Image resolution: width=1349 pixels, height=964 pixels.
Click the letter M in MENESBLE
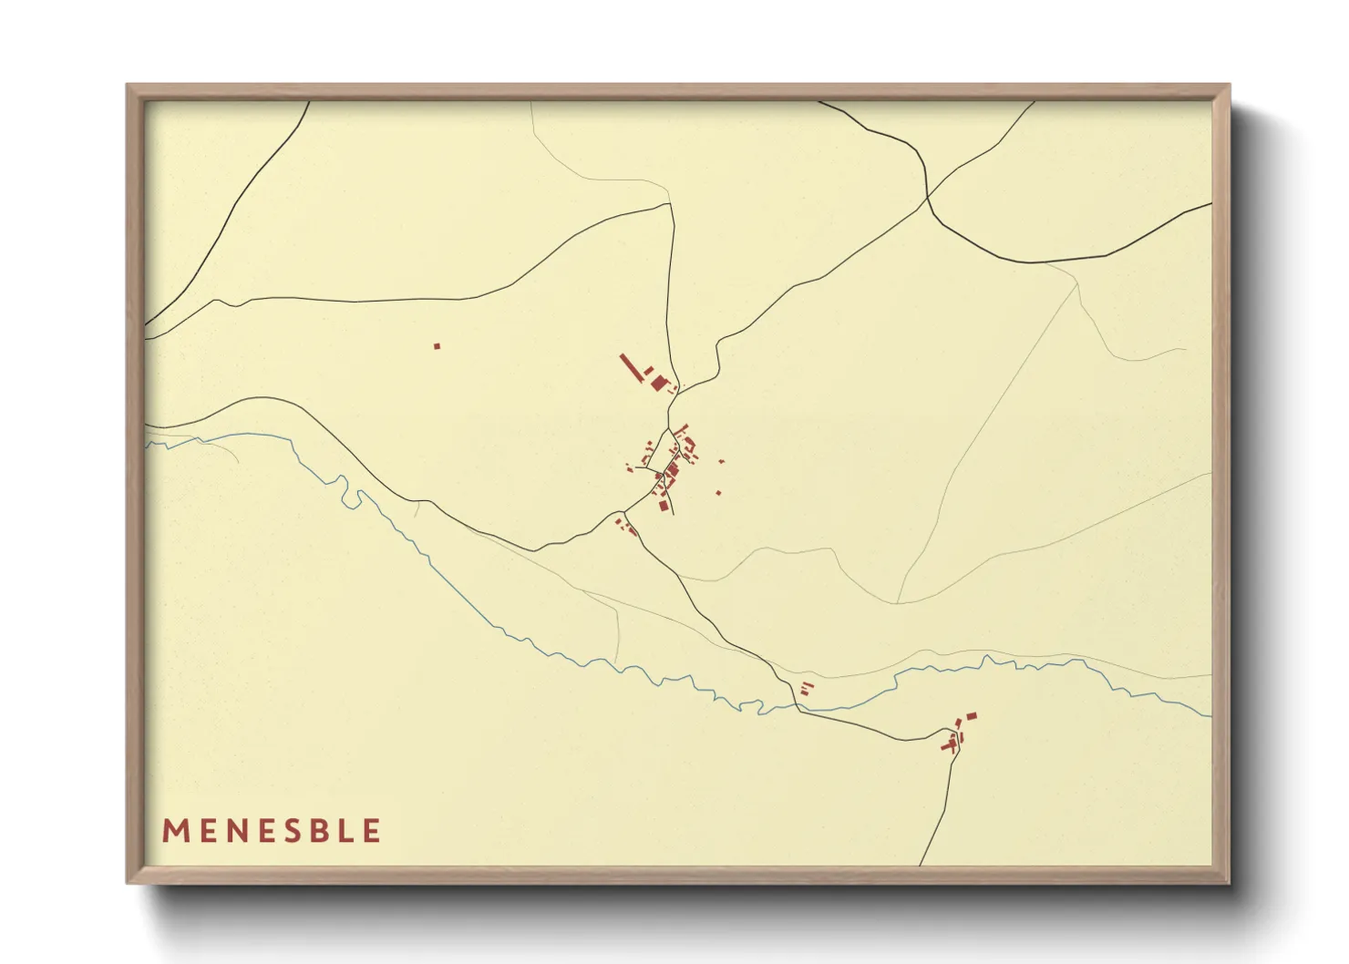[x=174, y=831]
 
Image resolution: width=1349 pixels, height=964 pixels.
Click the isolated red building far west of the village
[x=437, y=346]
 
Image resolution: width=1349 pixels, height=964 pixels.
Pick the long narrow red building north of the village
[x=630, y=367]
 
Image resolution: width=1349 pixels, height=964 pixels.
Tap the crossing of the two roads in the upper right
[x=927, y=199]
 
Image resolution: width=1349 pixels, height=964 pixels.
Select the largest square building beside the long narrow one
[x=659, y=383]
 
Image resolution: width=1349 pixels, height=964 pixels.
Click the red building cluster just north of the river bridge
[x=805, y=688]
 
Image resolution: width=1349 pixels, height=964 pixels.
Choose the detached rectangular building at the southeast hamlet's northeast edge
[x=971, y=716]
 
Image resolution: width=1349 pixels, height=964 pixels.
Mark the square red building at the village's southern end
[x=664, y=505]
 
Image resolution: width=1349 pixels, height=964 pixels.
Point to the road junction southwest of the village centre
[x=625, y=511]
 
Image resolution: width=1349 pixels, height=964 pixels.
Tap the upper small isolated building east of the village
[x=722, y=462]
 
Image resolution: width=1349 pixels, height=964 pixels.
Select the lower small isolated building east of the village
[x=718, y=493]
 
